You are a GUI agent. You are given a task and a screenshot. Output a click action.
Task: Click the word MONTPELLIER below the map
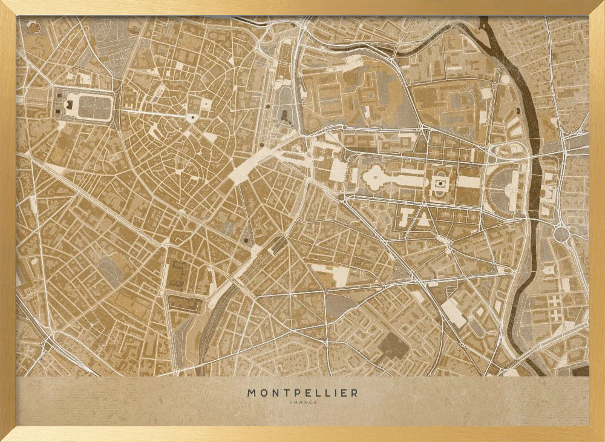tap(302, 393)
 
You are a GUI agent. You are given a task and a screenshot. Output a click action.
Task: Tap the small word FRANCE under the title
tap(302, 402)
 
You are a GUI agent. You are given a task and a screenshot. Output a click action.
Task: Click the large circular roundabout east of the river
tap(561, 234)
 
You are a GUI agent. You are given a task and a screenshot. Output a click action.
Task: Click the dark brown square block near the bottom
tap(392, 346)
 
